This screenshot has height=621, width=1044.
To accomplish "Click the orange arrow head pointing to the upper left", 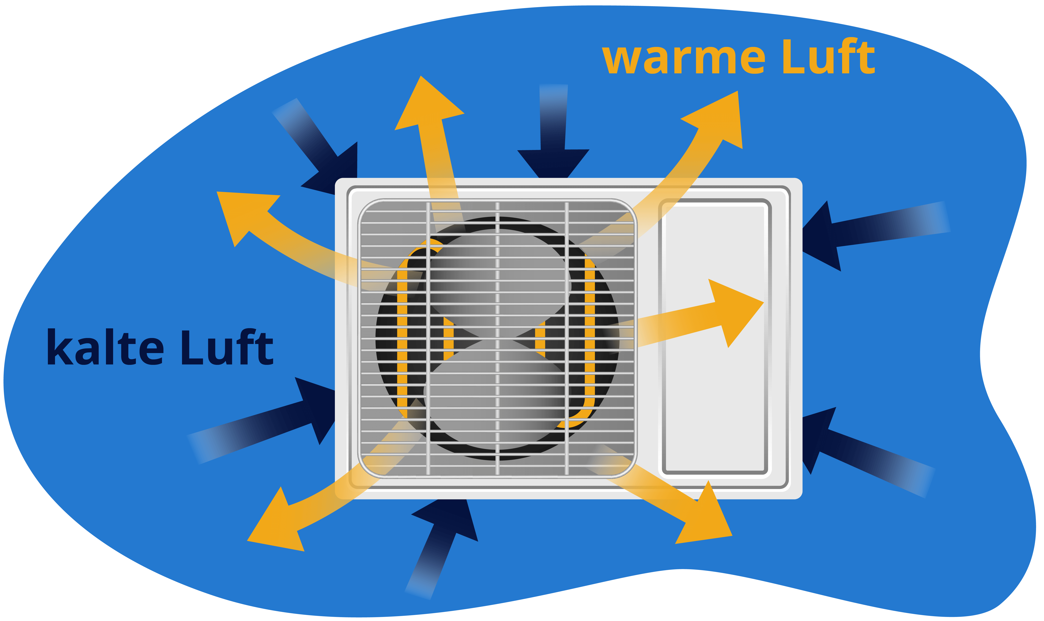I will [x=243, y=213].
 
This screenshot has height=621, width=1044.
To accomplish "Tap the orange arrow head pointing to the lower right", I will [x=707, y=517].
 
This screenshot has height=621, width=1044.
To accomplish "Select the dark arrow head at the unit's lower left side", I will [x=318, y=408].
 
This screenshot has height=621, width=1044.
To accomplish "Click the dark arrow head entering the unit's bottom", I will [x=450, y=519].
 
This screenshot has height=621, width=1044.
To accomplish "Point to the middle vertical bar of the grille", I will [x=497, y=339].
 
